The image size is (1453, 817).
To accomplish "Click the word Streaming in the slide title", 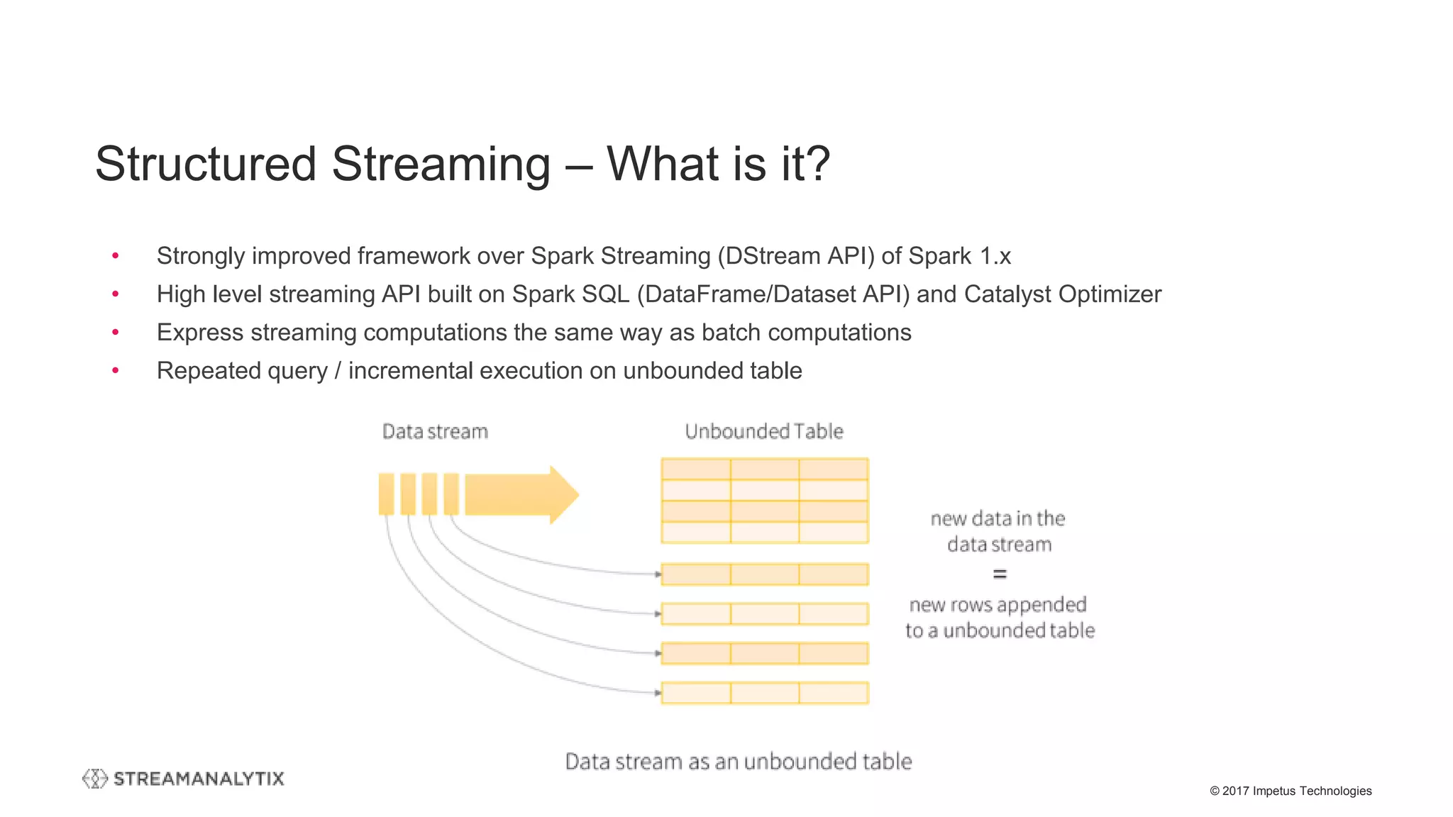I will pyautogui.click(x=441, y=164).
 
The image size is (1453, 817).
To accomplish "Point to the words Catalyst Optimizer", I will pyautogui.click(x=1062, y=294).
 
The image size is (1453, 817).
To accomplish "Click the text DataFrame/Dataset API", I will pyautogui.click(x=773, y=294).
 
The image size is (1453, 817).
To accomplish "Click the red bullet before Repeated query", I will pyautogui.click(x=116, y=370).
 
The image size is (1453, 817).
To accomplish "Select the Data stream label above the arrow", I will pyautogui.click(x=435, y=431).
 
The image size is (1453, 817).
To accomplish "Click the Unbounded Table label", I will pyautogui.click(x=764, y=431).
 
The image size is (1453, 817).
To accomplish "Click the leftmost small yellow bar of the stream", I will pyautogui.click(x=386, y=494).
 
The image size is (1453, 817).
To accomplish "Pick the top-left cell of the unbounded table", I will pyautogui.click(x=695, y=469).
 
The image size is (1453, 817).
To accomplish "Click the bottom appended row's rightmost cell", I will pyautogui.click(x=833, y=693).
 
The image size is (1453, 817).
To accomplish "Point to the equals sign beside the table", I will pyautogui.click(x=1000, y=574).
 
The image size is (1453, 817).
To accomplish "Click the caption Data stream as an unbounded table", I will pyautogui.click(x=738, y=761).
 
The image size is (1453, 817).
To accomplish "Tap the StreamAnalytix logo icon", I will pyautogui.click(x=94, y=778).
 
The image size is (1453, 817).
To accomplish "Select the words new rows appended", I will pyautogui.click(x=998, y=604).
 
